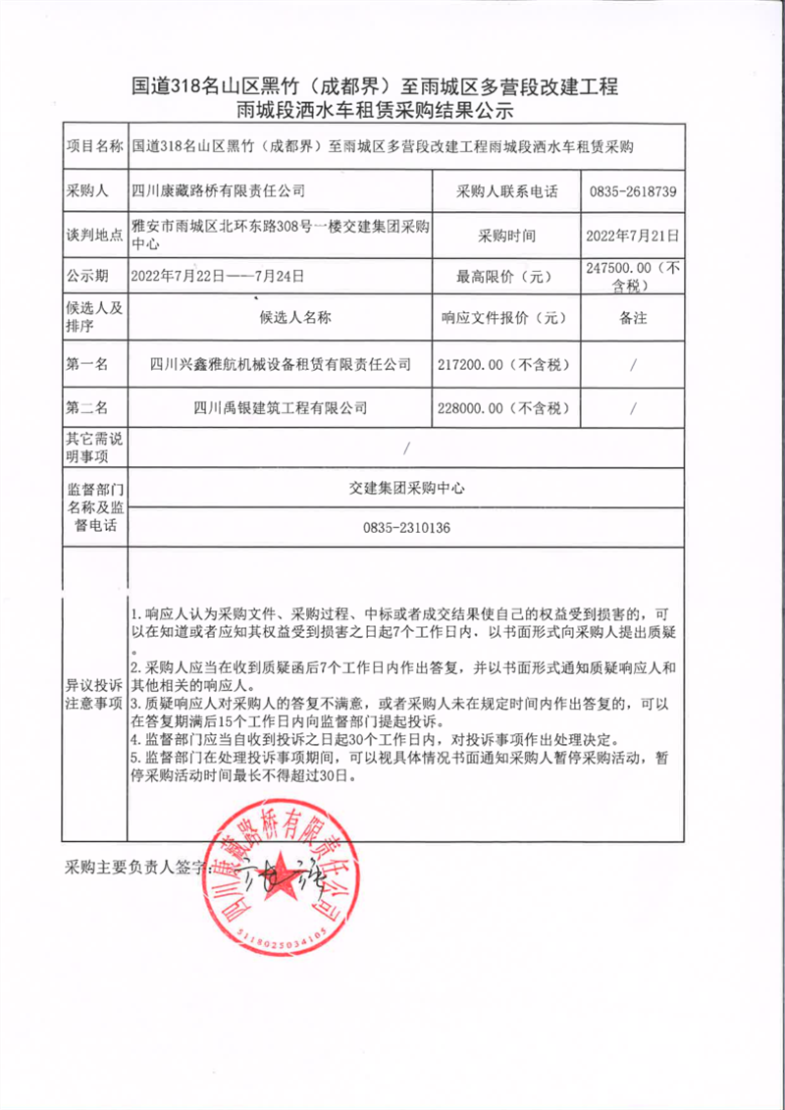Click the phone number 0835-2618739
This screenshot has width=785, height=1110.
tap(633, 191)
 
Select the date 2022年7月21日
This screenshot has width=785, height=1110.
tap(632, 236)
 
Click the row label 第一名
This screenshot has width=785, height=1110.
tap(87, 364)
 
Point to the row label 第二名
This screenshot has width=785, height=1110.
tap(87, 407)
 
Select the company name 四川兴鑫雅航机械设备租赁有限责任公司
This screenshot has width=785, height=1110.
tap(280, 364)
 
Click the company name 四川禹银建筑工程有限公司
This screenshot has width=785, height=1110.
tap(280, 407)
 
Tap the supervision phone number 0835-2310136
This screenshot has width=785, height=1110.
tap(406, 528)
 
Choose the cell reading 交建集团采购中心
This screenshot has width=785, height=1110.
tap(406, 487)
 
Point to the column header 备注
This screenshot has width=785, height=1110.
tap(633, 318)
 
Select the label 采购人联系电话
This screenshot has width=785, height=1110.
tap(506, 191)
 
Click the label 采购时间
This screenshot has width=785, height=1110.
tap(506, 236)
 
